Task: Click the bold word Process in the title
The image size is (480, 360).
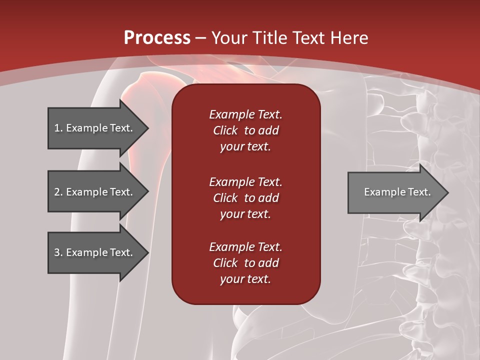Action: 157,38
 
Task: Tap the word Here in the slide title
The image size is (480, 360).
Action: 350,38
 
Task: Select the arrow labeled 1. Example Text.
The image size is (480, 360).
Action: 95,128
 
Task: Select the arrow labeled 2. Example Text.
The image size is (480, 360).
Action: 95,192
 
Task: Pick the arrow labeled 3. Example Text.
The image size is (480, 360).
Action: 95,252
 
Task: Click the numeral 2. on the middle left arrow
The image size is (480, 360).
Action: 58,192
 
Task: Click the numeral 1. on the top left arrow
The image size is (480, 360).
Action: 58,128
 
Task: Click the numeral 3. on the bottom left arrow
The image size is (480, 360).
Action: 58,252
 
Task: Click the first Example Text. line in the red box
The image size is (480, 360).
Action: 245,114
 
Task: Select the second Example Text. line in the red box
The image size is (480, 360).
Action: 245,182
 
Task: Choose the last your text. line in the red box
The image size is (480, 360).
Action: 245,279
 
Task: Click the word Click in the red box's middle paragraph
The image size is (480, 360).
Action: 225,198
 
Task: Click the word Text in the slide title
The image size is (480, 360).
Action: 309,38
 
